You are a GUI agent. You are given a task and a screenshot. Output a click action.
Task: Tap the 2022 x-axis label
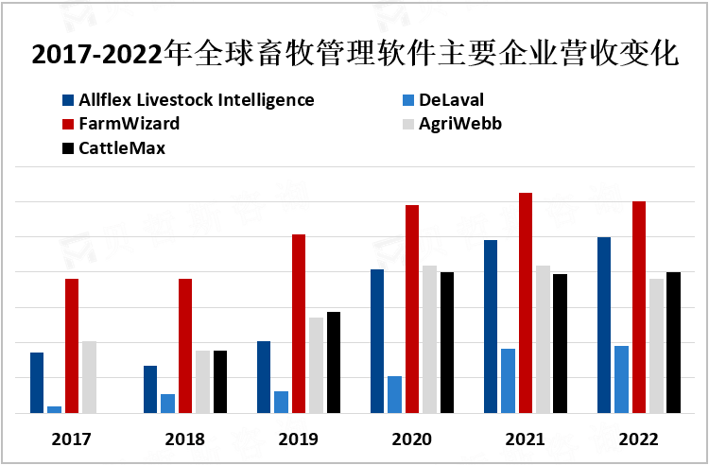coord(639,439)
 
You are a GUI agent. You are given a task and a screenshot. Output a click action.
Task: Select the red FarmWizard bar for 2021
coord(526,302)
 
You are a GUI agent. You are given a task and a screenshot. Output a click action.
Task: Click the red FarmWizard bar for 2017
coord(72,346)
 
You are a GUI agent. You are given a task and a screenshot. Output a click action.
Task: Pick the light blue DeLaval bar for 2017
coord(55,409)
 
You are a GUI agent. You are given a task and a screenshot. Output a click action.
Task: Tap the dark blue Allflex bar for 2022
coord(604,325)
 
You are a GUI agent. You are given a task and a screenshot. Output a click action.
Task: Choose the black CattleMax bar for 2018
coord(220,382)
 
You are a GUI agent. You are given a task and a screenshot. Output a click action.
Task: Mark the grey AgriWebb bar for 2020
coord(430,339)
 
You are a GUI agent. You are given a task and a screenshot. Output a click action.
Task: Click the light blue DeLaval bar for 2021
coord(509,381)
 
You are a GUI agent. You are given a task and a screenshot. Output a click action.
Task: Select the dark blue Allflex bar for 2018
coord(150,389)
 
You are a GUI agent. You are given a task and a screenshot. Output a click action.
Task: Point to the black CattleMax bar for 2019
coord(334,362)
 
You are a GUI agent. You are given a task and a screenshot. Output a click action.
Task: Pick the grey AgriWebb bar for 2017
coord(89,377)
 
